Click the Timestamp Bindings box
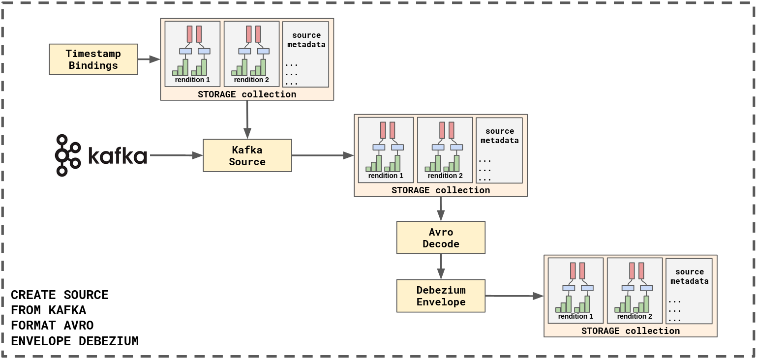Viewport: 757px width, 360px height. pyautogui.click(x=93, y=59)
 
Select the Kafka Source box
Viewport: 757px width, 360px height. pyautogui.click(x=247, y=155)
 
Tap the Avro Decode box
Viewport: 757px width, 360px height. pyautogui.click(x=441, y=238)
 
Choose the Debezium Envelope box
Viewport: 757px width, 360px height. pyautogui.click(x=441, y=296)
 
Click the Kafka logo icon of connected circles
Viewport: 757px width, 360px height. pyautogui.click(x=68, y=155)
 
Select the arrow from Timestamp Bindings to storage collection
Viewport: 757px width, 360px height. pyautogui.click(x=149, y=60)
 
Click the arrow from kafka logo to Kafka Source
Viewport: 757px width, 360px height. pyautogui.click(x=176, y=155)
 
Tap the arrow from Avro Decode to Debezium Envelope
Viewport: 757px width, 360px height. pyautogui.click(x=441, y=267)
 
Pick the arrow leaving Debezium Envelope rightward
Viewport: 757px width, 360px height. pyautogui.click(x=515, y=296)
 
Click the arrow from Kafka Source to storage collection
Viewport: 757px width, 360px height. pyautogui.click(x=323, y=155)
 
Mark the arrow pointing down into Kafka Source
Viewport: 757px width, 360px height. pyautogui.click(x=247, y=120)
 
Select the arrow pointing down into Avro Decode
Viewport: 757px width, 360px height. pyautogui.click(x=441, y=209)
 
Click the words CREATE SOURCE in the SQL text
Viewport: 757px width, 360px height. pyautogui.click(x=60, y=295)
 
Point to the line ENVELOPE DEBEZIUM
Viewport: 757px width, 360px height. pyautogui.click(x=75, y=341)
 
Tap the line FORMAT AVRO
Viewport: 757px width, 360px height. pyautogui.click(x=52, y=326)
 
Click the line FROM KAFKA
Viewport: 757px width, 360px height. pyautogui.click(x=49, y=310)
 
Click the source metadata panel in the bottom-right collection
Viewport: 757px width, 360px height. pyautogui.click(x=689, y=291)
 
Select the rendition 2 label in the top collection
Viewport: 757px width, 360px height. pyautogui.click(x=251, y=80)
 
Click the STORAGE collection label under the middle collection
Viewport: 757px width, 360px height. pyautogui.click(x=441, y=190)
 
